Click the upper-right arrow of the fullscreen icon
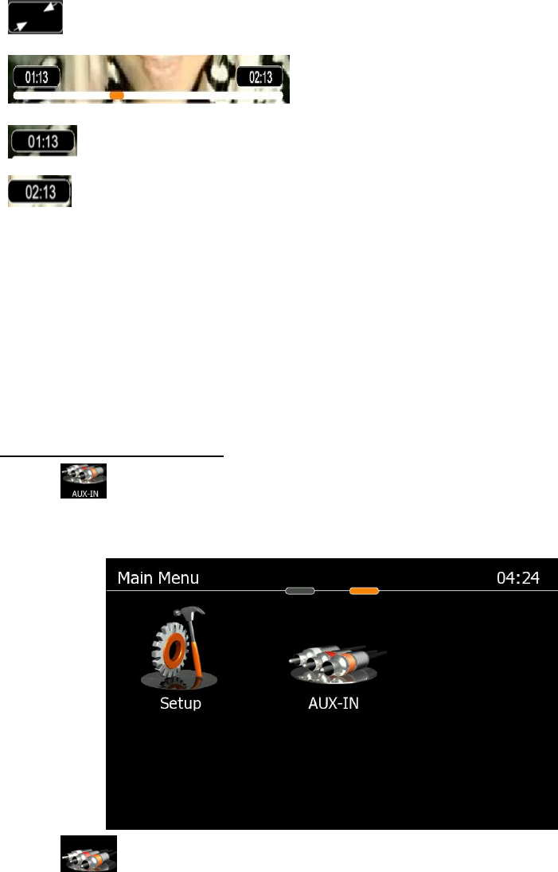click(50, 8)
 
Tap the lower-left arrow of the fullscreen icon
click(21, 26)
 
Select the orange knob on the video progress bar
click(116, 95)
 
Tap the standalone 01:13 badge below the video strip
click(43, 142)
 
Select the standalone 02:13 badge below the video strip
click(39, 192)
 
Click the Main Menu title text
click(158, 578)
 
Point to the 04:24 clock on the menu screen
click(517, 578)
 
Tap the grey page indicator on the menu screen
click(300, 591)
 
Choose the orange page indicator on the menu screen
click(364, 591)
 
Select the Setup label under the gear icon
click(180, 704)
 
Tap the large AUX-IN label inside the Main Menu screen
click(334, 704)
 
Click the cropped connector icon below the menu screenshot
click(88, 854)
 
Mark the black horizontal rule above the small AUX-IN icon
click(112, 457)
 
